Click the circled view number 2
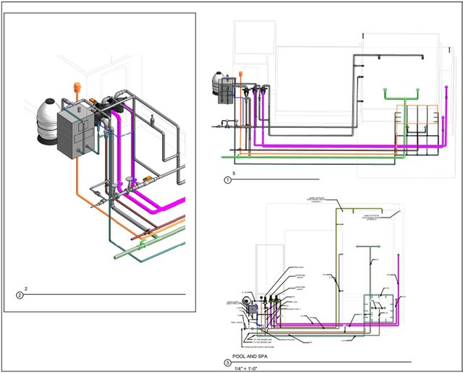coord(20,295)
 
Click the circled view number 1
coord(229,180)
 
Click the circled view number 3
coord(228,362)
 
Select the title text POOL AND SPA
coord(254,356)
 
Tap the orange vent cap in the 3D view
coord(76,87)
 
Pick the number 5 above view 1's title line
coord(233,173)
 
